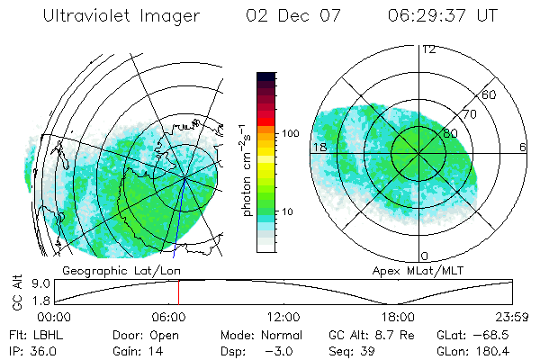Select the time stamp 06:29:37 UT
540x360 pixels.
point(444,17)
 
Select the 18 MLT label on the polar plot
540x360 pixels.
point(318,148)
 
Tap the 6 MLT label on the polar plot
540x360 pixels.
point(523,148)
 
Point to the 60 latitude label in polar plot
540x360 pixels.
point(490,94)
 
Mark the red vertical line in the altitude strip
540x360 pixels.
point(178,292)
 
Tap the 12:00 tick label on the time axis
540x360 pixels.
point(283,317)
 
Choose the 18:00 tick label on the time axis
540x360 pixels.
point(398,317)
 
